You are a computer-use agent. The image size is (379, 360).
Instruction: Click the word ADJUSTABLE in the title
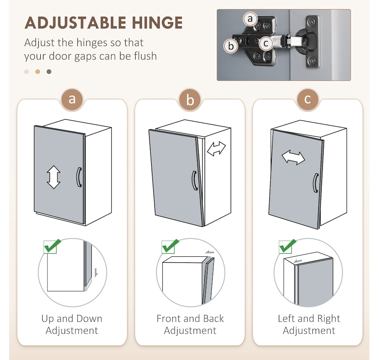(75, 23)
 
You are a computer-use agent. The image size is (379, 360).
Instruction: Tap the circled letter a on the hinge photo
(250, 19)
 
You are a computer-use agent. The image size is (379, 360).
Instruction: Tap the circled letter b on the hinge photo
(231, 46)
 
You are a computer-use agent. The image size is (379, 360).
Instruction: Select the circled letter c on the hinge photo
(266, 43)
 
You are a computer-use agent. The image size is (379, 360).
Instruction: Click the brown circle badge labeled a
(72, 99)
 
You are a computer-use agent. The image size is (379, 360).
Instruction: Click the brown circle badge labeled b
(190, 100)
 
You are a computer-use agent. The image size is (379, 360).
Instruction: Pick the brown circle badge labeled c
(308, 99)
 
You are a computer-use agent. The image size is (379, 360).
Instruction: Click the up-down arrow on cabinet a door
(53, 177)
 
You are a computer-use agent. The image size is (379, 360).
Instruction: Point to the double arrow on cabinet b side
(216, 149)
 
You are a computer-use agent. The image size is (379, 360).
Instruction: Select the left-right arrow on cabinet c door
(294, 157)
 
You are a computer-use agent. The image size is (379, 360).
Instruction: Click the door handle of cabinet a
(79, 177)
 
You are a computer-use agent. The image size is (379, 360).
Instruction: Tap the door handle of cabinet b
(195, 181)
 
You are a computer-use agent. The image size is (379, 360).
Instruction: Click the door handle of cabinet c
(316, 183)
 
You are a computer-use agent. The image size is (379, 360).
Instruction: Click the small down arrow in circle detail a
(96, 273)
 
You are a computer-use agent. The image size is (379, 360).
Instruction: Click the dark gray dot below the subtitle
(49, 72)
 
